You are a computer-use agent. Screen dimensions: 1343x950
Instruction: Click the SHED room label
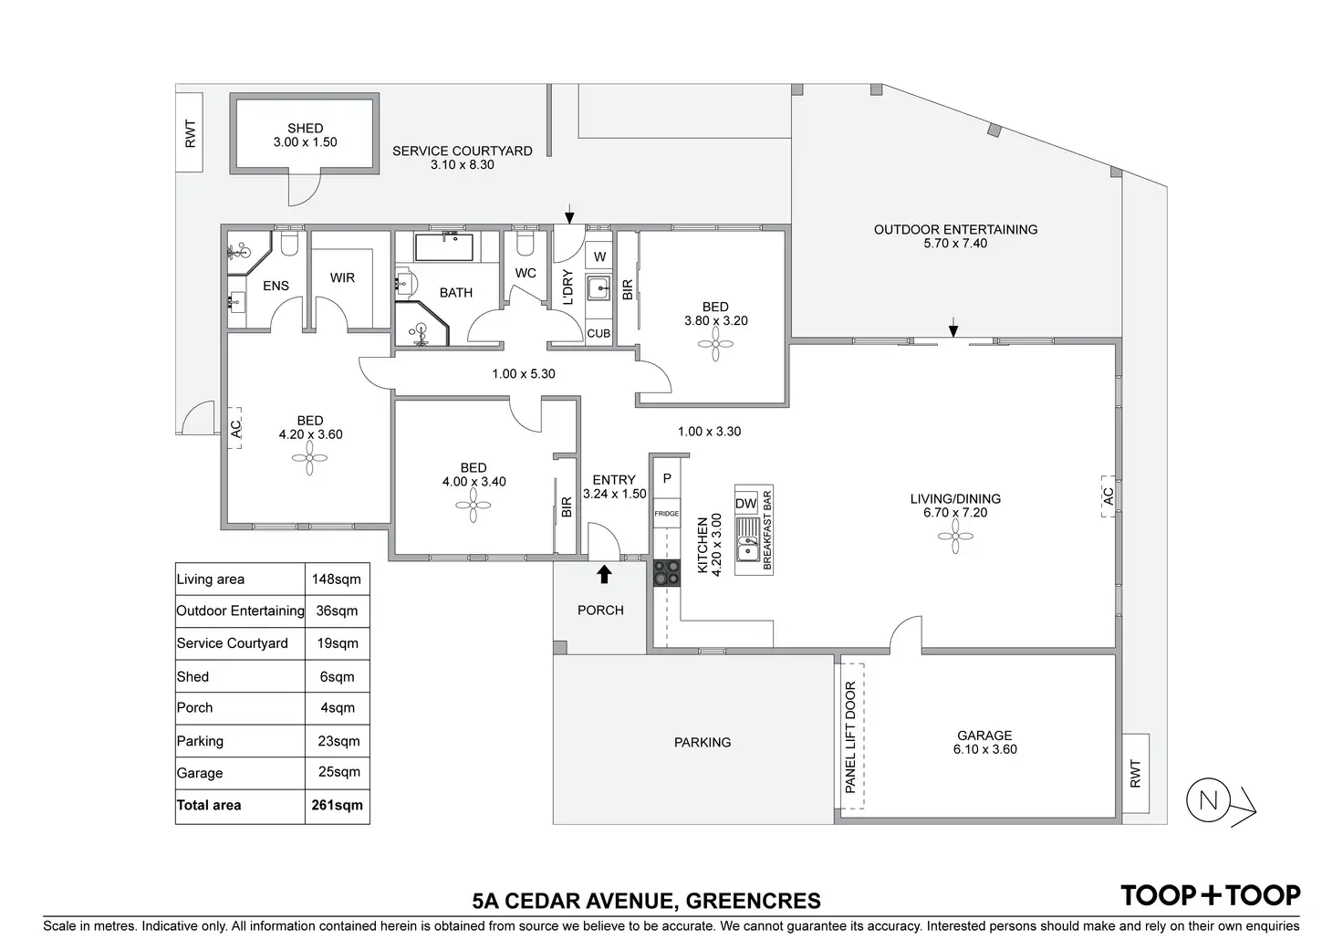(x=305, y=129)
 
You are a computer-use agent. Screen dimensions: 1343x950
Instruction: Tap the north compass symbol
(x=1209, y=801)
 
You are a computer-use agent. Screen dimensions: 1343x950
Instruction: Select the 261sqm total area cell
(x=337, y=805)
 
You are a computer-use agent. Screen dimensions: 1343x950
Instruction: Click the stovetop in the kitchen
(x=666, y=572)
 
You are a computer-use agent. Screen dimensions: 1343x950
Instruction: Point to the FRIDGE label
(x=666, y=514)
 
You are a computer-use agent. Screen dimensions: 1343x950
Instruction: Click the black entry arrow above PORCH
(x=603, y=573)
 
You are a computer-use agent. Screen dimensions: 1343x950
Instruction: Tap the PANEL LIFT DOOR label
(x=850, y=737)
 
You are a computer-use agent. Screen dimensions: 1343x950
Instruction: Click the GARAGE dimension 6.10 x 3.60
(x=984, y=749)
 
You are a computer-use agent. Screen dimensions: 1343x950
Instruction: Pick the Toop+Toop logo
(x=1210, y=895)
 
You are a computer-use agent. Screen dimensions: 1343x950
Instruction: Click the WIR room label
(x=342, y=277)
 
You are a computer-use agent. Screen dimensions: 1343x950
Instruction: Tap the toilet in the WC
(x=525, y=244)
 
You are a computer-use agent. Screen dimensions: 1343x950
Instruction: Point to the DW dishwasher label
(x=745, y=504)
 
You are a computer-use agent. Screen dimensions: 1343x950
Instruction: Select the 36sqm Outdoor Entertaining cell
(x=337, y=611)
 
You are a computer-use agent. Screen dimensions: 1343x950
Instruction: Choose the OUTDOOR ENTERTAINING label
(x=955, y=229)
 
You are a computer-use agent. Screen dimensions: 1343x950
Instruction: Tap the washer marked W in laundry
(x=599, y=256)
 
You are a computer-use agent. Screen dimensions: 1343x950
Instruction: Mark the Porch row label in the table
(x=194, y=707)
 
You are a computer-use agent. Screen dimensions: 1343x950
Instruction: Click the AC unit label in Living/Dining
(x=1109, y=496)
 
